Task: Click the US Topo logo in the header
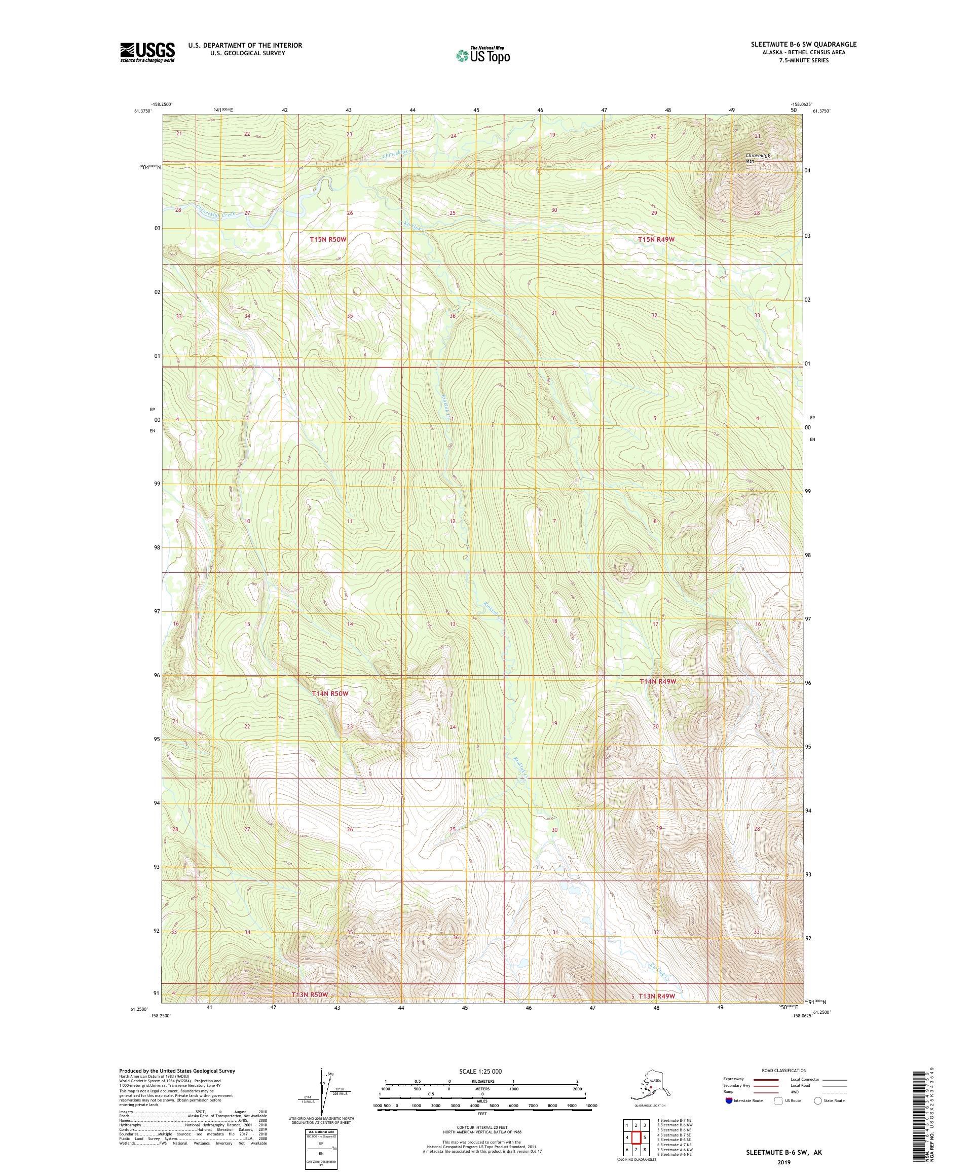point(482,55)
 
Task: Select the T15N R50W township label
point(328,239)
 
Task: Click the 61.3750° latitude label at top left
point(144,111)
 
